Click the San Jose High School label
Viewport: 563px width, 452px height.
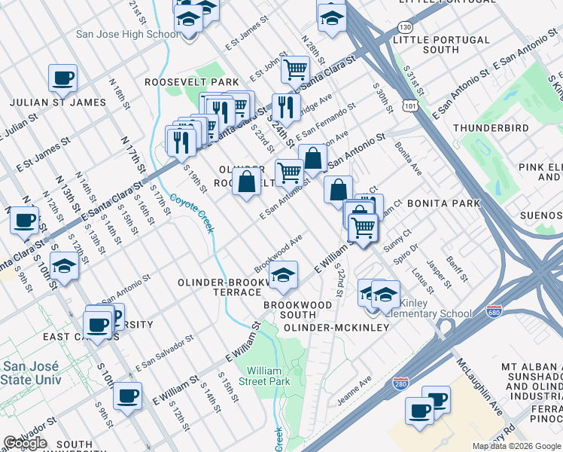(x=127, y=34)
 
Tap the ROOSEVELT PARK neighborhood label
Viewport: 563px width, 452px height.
(x=193, y=81)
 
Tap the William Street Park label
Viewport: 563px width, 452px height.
(x=267, y=376)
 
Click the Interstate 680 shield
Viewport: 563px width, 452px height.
(x=494, y=312)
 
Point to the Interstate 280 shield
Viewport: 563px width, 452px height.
(x=401, y=384)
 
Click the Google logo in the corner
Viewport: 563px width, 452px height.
(x=26, y=443)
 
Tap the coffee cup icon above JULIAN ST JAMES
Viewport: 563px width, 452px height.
(x=62, y=78)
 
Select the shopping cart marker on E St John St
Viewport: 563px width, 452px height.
(x=295, y=70)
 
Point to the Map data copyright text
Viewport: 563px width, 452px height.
(x=516, y=446)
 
